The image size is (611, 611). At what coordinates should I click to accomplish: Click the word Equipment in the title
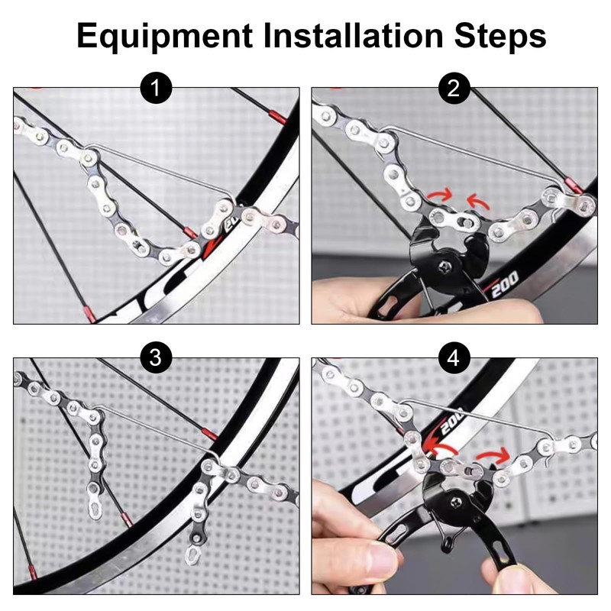pyautogui.click(x=165, y=36)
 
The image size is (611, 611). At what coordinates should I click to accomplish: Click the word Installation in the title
pyautogui.click(x=354, y=35)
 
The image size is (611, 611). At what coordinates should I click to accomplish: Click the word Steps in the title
pyautogui.click(x=500, y=36)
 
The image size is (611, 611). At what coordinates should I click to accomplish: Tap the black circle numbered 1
pyautogui.click(x=157, y=88)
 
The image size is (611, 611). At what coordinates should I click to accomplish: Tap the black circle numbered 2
pyautogui.click(x=454, y=88)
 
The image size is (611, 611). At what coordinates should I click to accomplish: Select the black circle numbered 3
pyautogui.click(x=157, y=357)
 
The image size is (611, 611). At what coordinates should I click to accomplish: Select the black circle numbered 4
pyautogui.click(x=454, y=357)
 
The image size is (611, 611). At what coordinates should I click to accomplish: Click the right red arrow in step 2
pyautogui.click(x=479, y=200)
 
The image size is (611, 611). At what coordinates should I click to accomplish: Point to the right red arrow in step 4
pyautogui.click(x=493, y=454)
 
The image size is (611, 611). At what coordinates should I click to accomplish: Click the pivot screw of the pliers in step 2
pyautogui.click(x=445, y=267)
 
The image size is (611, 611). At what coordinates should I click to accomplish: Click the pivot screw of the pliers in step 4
pyautogui.click(x=457, y=503)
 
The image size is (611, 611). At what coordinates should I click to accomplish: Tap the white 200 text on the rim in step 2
pyautogui.click(x=505, y=284)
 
